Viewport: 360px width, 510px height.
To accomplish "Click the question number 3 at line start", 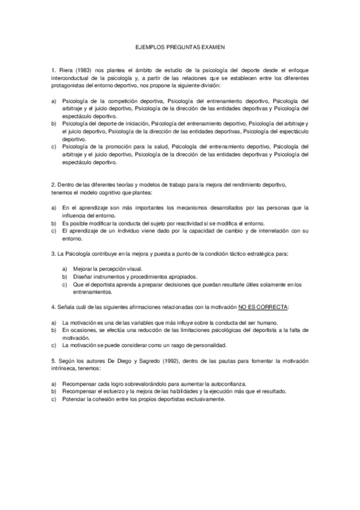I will [54, 254].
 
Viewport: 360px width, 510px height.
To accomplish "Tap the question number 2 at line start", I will [54, 184].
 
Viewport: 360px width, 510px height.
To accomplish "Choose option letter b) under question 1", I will [55, 123].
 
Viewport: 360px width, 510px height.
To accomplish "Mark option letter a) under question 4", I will [55, 322].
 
